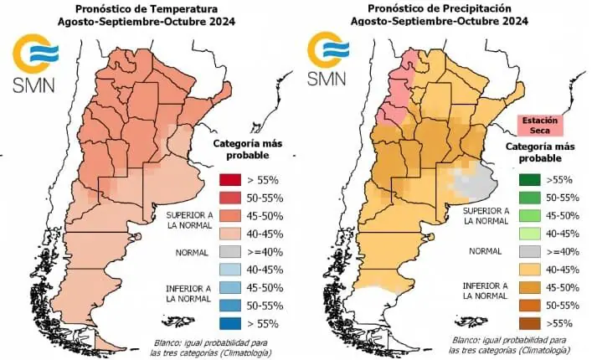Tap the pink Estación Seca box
(540, 126)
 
